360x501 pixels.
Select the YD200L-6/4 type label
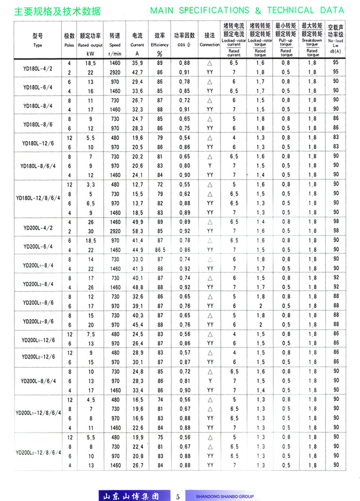[x=38, y=246]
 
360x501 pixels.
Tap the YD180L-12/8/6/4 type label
[x=38, y=198]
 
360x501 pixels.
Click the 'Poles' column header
[x=69, y=45]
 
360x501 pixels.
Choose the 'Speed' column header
[x=115, y=45]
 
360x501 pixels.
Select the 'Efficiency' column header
[x=160, y=45]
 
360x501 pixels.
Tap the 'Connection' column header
[x=209, y=45]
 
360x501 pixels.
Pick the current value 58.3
[x=137, y=231]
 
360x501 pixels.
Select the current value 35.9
[x=137, y=64]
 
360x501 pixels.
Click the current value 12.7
[x=137, y=184]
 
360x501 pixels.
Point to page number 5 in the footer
[x=178, y=496]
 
